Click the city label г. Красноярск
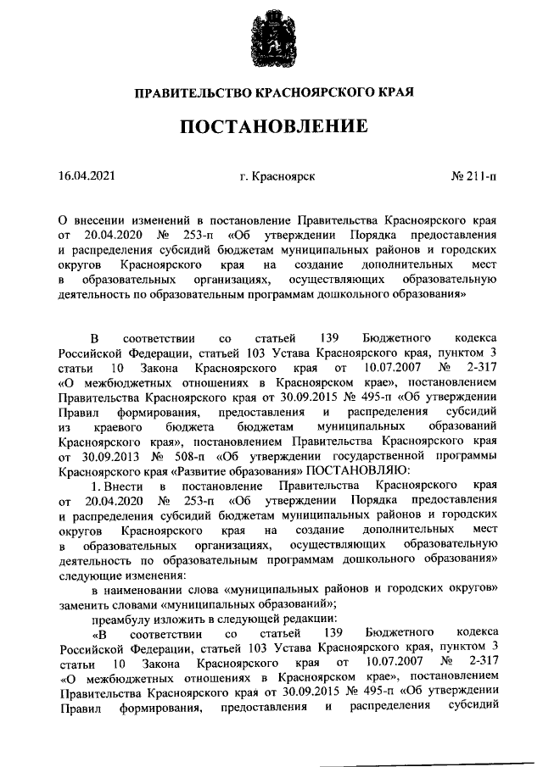click(x=277, y=176)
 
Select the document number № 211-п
click(x=473, y=176)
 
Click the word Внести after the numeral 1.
click(x=129, y=485)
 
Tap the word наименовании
click(x=156, y=588)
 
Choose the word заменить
click(x=83, y=603)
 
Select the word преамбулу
click(x=125, y=618)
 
